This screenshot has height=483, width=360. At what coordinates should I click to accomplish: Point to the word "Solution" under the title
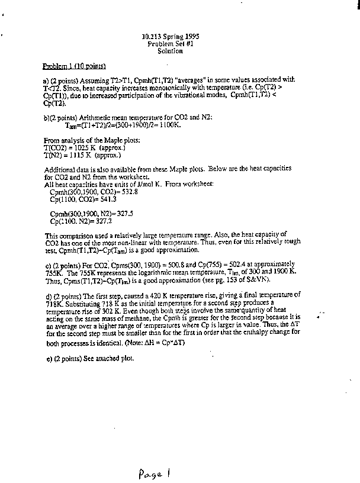point(170,51)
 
